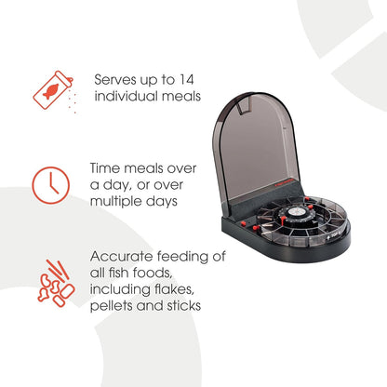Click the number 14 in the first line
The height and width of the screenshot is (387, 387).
(185, 80)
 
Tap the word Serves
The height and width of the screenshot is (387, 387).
(115, 80)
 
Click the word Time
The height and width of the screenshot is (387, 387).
(104, 168)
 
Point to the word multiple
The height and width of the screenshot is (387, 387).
(116, 202)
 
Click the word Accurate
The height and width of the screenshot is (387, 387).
(122, 257)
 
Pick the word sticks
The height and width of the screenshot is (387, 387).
(184, 306)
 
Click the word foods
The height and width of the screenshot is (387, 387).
(152, 273)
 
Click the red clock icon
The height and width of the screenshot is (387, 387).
(51, 185)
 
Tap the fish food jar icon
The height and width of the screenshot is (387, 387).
(53, 90)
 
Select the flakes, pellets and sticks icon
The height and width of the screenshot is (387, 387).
(56, 283)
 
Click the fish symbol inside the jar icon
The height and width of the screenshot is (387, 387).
(51, 91)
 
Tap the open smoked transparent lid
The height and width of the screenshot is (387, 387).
(257, 146)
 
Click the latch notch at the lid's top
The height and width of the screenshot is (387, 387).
(245, 107)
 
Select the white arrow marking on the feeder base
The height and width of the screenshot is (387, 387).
(329, 237)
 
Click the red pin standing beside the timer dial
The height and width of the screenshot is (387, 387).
(283, 220)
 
